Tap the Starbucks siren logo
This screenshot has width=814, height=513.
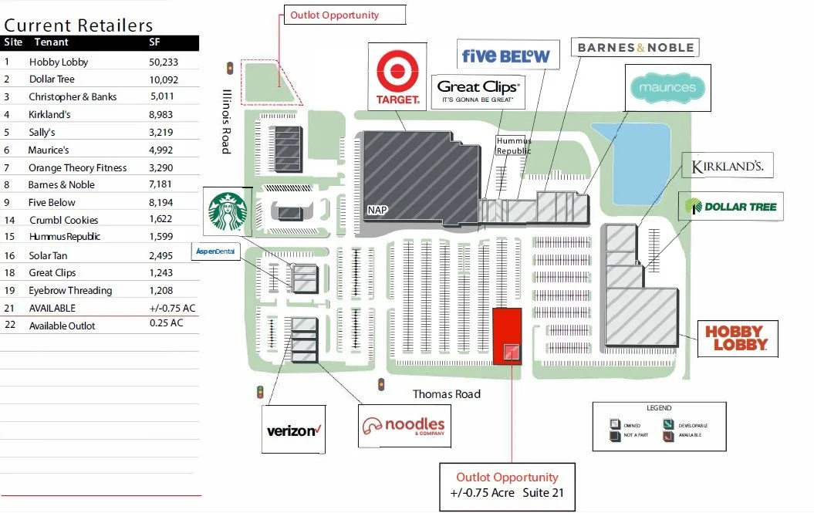(x=227, y=211)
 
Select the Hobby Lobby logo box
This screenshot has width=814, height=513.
(x=737, y=338)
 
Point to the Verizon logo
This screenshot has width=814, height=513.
(x=292, y=430)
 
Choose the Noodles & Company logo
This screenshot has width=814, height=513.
(x=404, y=426)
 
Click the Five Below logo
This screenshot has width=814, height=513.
(x=505, y=56)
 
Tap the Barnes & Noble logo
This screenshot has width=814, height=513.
(x=636, y=48)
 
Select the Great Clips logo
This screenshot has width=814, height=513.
(x=478, y=92)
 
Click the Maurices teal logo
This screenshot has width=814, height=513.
(x=667, y=88)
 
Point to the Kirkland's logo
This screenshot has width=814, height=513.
(x=728, y=165)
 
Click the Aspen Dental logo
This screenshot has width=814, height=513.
(x=216, y=251)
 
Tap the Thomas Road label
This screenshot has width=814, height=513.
(x=446, y=394)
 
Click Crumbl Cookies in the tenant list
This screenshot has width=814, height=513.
(x=64, y=220)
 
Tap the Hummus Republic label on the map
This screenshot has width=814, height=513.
(x=514, y=146)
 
